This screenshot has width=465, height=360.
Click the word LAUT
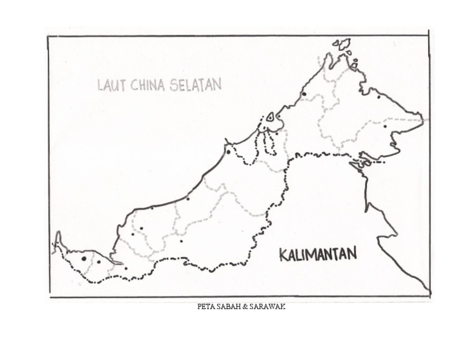click(x=111, y=85)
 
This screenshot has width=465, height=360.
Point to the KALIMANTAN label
click(x=318, y=254)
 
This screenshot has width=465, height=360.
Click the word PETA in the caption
click(x=205, y=307)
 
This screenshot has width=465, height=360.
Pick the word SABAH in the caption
click(x=228, y=307)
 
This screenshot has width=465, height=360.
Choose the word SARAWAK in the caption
click(x=267, y=307)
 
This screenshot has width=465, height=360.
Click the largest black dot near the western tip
click(x=84, y=259)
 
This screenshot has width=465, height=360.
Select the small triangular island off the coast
click(x=271, y=117)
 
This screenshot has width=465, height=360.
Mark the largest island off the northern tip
click(x=343, y=44)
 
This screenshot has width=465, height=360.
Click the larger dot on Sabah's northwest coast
click(x=303, y=94)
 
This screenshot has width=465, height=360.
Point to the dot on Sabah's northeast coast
click(x=379, y=96)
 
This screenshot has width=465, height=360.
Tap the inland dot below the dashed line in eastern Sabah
click(x=384, y=127)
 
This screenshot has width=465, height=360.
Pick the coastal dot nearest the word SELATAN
click(x=228, y=152)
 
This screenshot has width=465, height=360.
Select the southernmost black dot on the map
click(x=125, y=268)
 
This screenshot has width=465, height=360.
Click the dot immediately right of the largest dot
click(x=99, y=262)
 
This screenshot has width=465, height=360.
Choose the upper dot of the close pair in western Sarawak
click(x=142, y=228)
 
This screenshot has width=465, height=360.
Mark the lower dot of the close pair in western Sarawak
click(x=133, y=235)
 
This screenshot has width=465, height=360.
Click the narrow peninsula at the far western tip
click(x=58, y=241)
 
